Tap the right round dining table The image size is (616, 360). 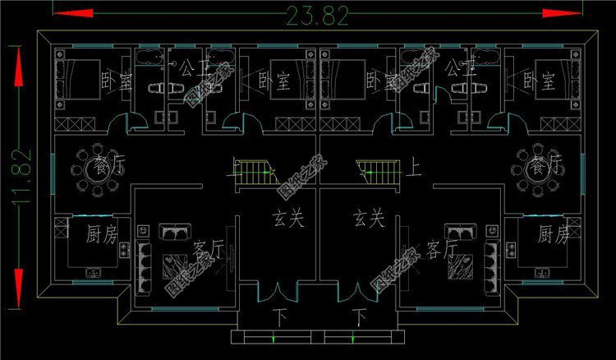coord(528,170)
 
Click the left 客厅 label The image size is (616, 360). coord(209,248)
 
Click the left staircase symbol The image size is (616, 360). coord(256,174)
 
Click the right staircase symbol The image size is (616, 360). coord(379,174)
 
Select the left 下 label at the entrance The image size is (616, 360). coord(280,316)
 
